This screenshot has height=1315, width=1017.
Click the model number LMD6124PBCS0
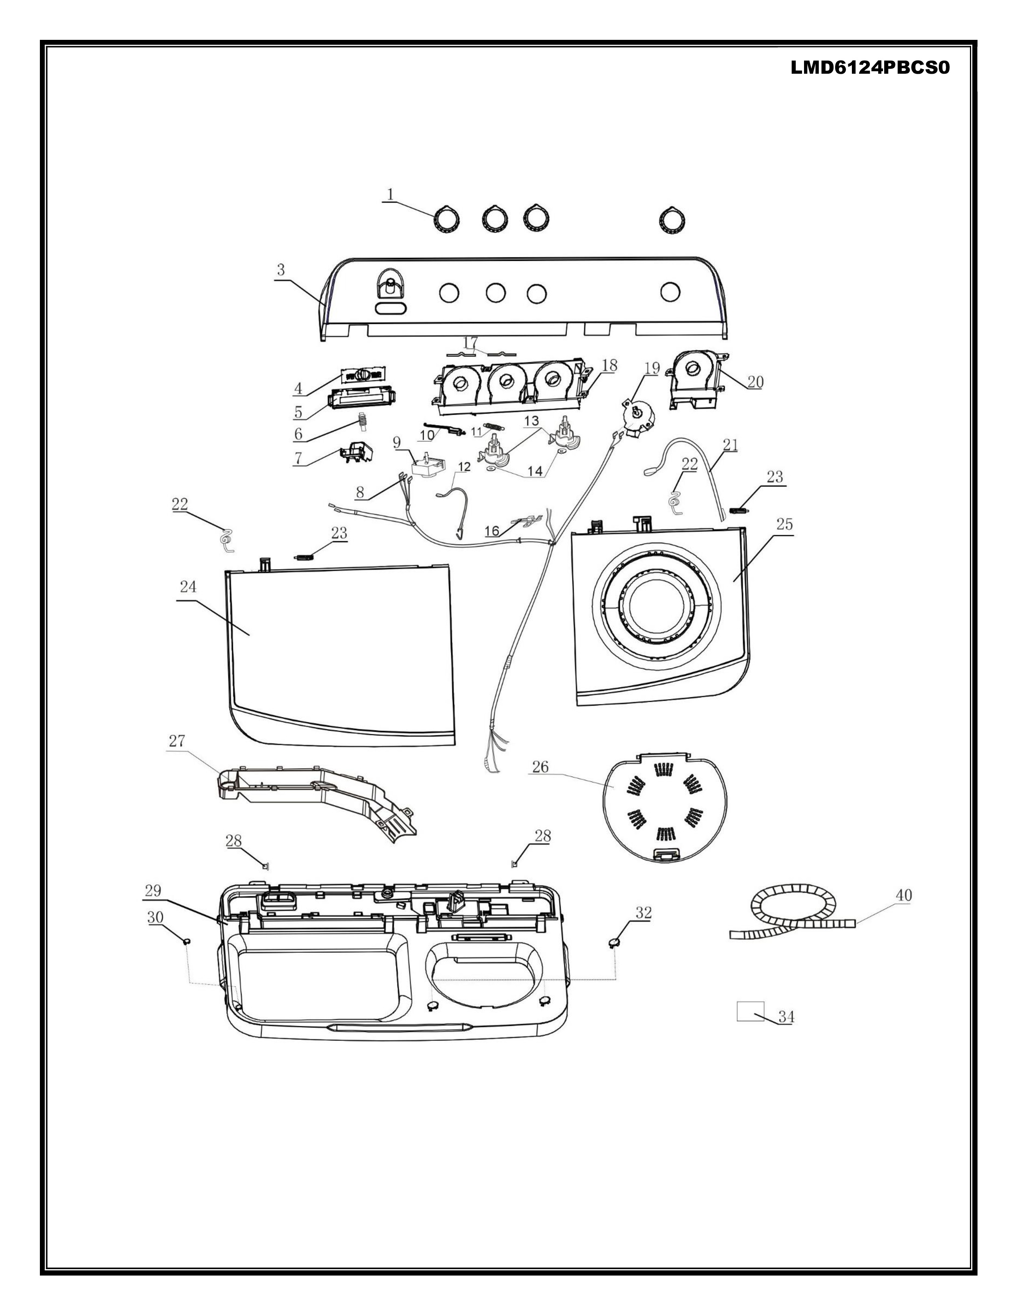pyautogui.click(x=870, y=68)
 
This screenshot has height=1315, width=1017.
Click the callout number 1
pyautogui.click(x=390, y=194)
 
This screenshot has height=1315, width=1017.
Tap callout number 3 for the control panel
pyautogui.click(x=281, y=270)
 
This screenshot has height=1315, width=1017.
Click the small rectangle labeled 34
pyautogui.click(x=750, y=1011)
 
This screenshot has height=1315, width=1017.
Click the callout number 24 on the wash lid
pyautogui.click(x=188, y=587)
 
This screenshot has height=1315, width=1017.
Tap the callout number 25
pyautogui.click(x=784, y=524)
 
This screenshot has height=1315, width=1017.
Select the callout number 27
pyautogui.click(x=177, y=741)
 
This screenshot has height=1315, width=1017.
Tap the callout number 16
pyautogui.click(x=492, y=530)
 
